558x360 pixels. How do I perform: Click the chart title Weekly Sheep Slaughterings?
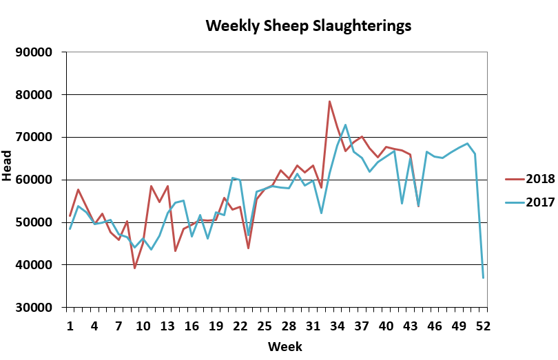(x=309, y=26)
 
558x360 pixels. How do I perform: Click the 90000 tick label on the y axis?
(x=34, y=52)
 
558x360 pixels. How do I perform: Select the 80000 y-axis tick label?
(x=34, y=95)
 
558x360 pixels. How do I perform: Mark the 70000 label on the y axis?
(x=34, y=138)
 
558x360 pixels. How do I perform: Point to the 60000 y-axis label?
(x=34, y=180)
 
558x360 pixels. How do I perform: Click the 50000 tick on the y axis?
(x=34, y=223)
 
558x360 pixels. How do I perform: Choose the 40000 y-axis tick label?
(x=34, y=265)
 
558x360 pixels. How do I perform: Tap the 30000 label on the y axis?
(x=34, y=308)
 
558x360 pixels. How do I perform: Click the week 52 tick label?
(x=483, y=324)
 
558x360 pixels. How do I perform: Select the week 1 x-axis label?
(x=70, y=324)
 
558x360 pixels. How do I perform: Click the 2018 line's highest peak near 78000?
(x=329, y=101)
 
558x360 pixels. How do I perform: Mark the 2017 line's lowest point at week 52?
(x=483, y=277)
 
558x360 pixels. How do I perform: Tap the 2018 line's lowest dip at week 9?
(x=135, y=268)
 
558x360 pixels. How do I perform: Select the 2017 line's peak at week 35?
(x=345, y=125)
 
